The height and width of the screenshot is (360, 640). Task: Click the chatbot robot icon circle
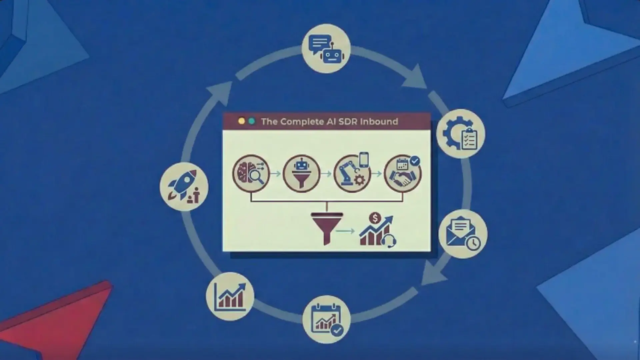click(x=326, y=48)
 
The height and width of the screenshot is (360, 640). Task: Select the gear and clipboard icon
click(x=461, y=134)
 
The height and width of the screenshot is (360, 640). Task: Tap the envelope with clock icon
click(x=463, y=234)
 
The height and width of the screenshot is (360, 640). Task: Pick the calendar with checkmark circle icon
click(x=327, y=319)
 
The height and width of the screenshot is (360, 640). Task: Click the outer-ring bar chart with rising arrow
click(x=230, y=296)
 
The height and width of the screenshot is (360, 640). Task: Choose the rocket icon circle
click(x=184, y=187)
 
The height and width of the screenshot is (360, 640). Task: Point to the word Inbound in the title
click(x=379, y=121)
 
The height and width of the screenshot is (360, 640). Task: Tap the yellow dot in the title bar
click(x=242, y=121)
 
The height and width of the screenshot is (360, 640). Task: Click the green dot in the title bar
click(x=252, y=121)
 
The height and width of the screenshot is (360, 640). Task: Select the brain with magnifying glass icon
click(x=251, y=174)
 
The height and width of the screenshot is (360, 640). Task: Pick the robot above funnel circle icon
click(x=301, y=174)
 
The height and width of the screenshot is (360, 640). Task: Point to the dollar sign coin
click(x=375, y=218)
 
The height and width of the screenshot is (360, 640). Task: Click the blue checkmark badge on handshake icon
click(x=415, y=161)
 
